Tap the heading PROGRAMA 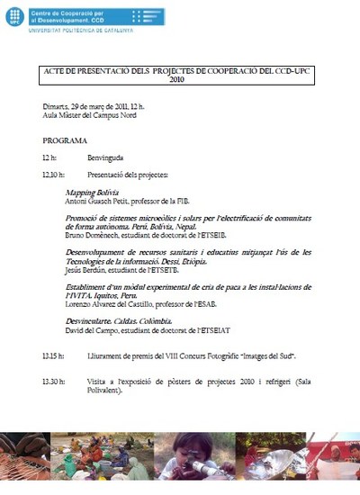point(65,141)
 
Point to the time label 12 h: point(49,157)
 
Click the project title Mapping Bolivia point(93,193)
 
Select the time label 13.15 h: point(54,356)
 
